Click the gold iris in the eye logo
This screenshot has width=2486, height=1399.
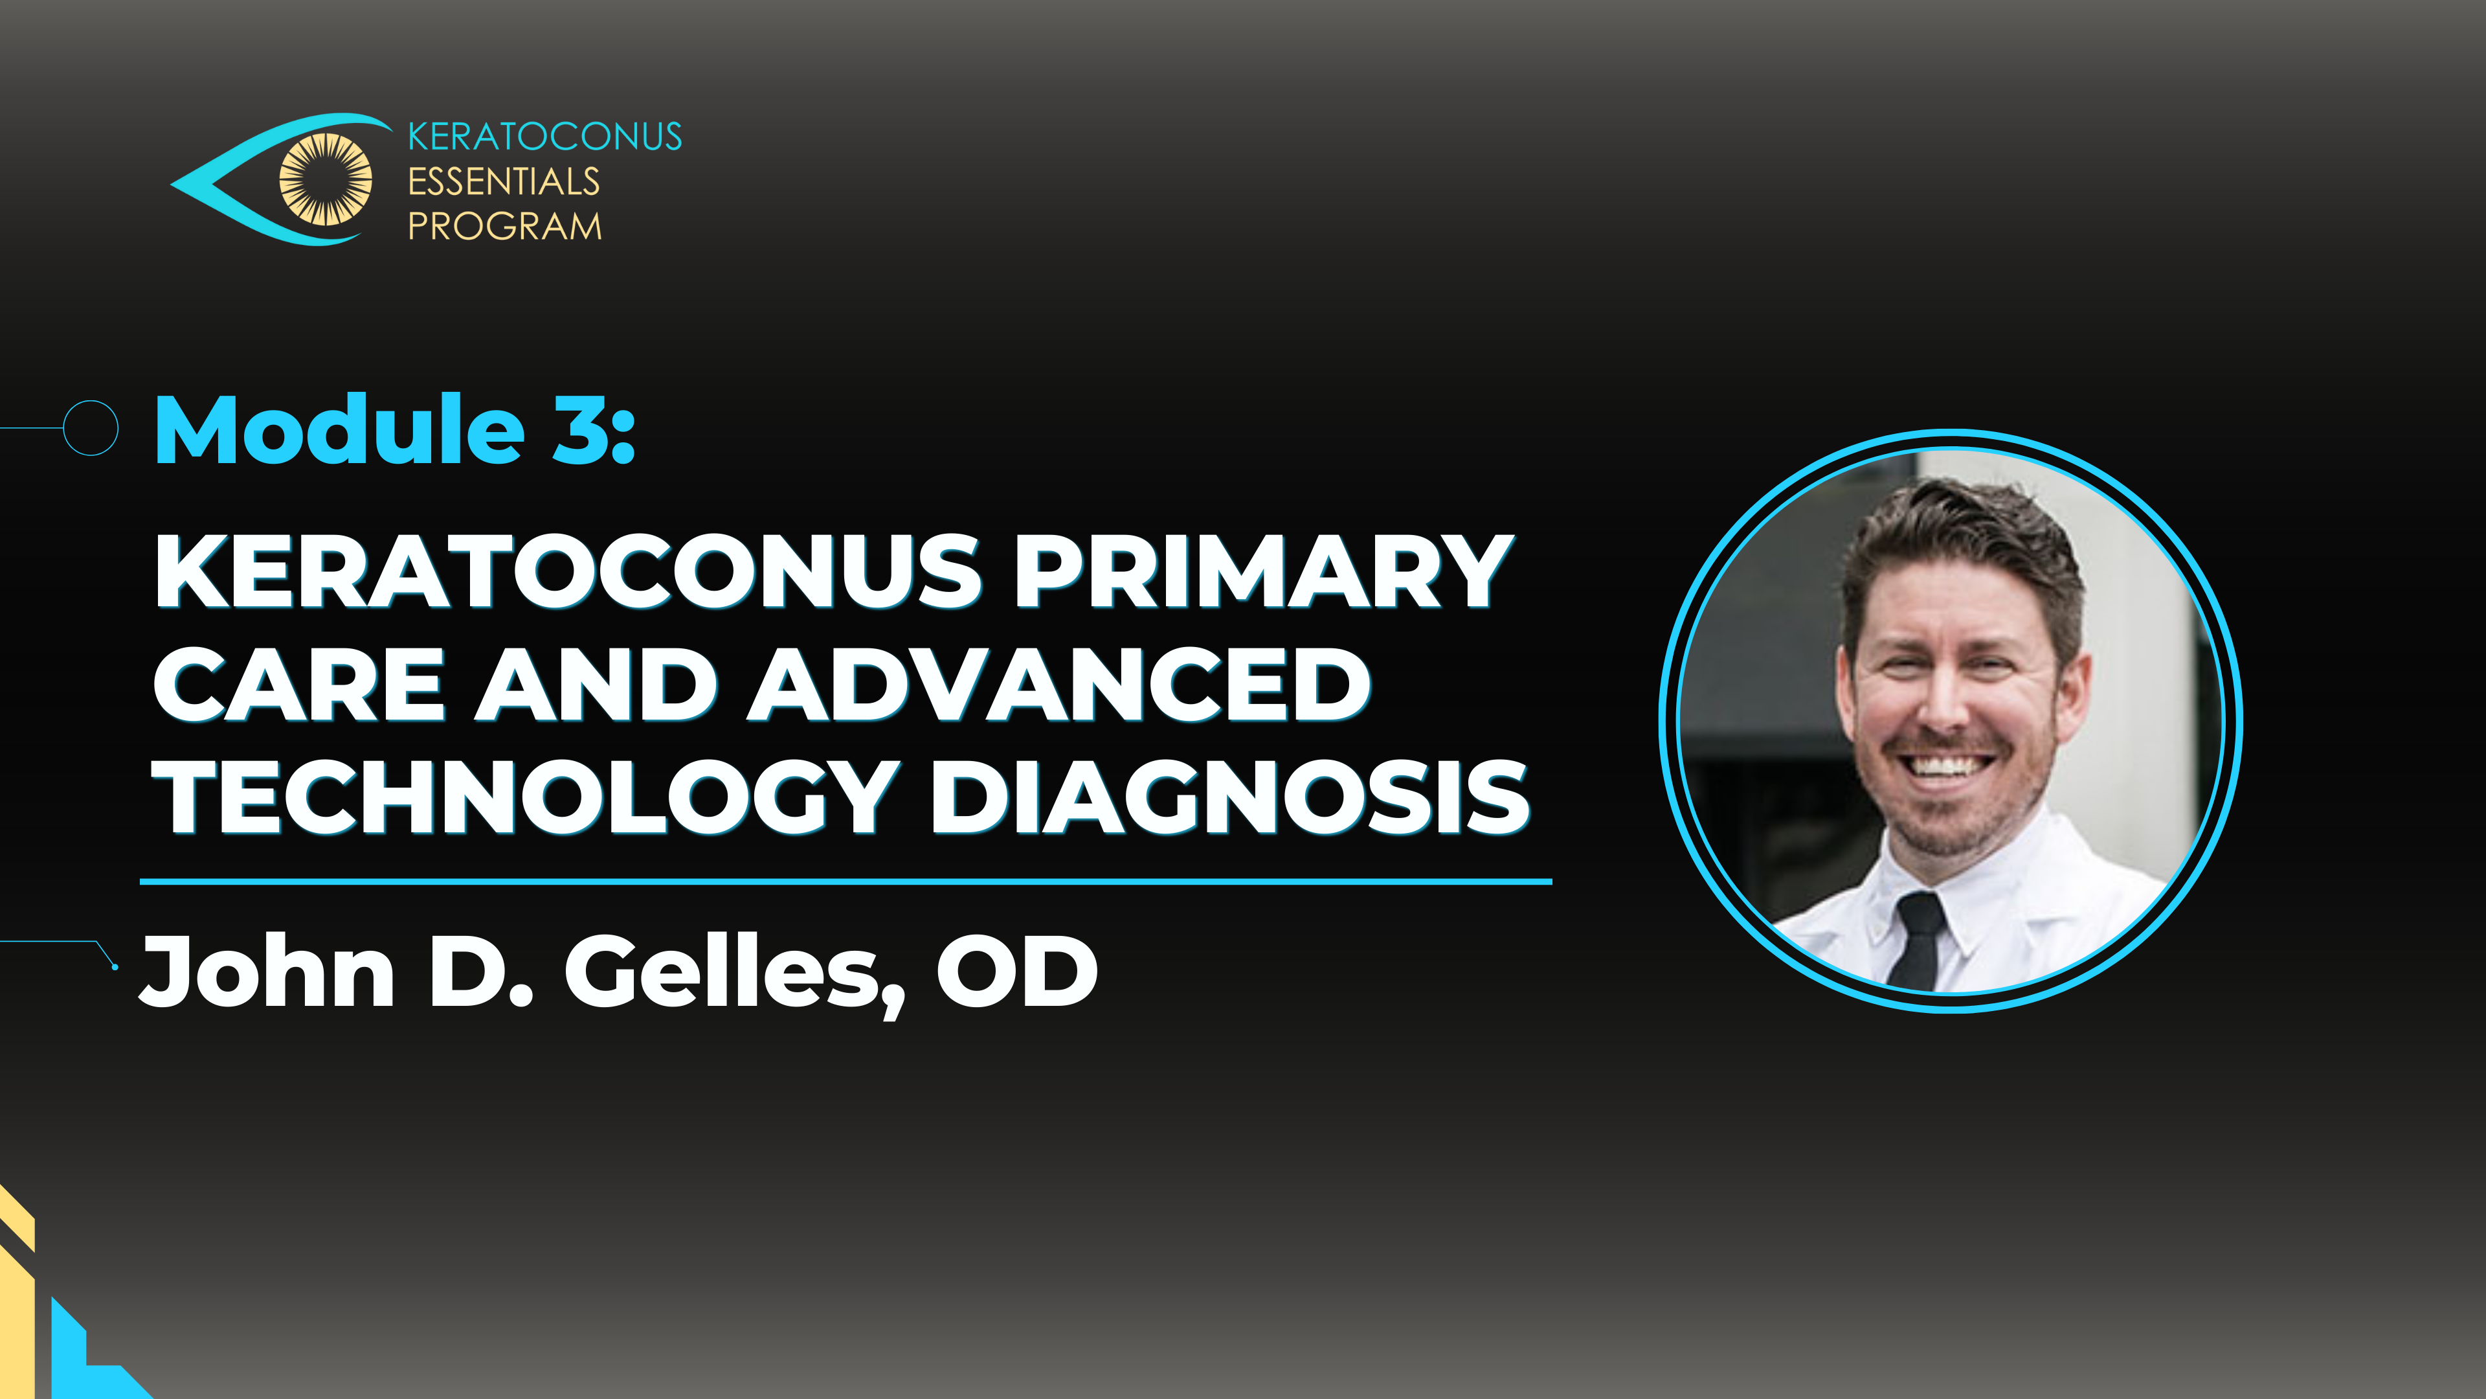pyautogui.click(x=325, y=179)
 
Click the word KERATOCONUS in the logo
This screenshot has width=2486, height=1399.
pyautogui.click(x=545, y=137)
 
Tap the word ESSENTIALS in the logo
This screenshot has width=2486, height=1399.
pyautogui.click(x=504, y=181)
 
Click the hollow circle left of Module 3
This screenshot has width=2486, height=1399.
pyautogui.click(x=91, y=427)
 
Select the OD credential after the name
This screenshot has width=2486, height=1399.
pyautogui.click(x=1017, y=972)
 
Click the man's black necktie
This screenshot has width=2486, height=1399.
pyautogui.click(x=1916, y=940)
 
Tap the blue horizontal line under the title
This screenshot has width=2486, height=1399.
pyautogui.click(x=846, y=881)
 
